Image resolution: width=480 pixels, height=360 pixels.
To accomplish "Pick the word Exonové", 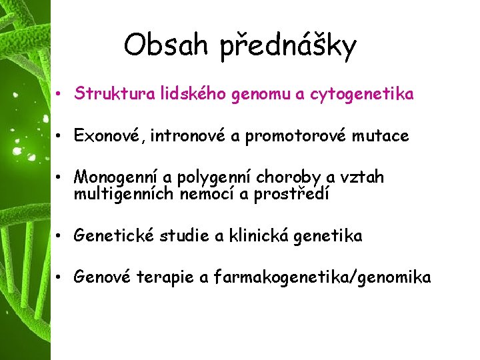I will pyautogui.click(x=109, y=137).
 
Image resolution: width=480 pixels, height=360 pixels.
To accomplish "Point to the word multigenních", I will pyautogui.click(x=123, y=194).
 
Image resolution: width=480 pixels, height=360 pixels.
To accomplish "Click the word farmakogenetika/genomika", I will pyautogui.click(x=323, y=278).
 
